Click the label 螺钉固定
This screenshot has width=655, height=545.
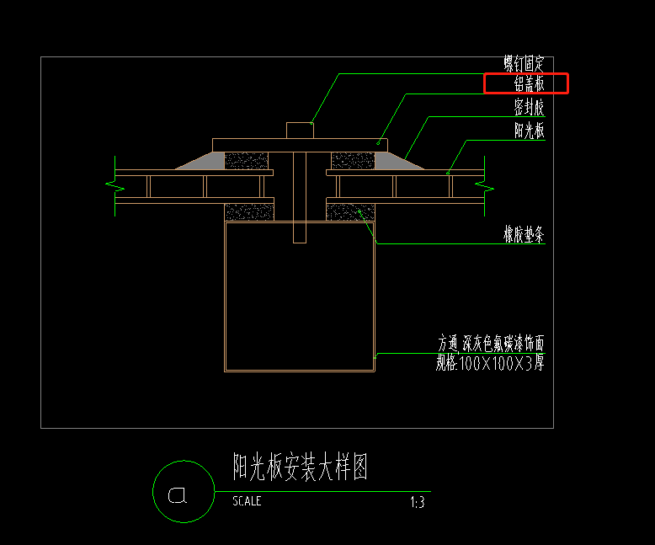(525, 63)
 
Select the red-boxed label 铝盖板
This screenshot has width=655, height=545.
(529, 83)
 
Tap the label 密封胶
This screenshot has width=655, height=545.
(529, 107)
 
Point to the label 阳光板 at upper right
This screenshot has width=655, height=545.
(529, 131)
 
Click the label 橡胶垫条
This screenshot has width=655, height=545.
(525, 237)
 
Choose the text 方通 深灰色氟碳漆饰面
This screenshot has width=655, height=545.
(491, 343)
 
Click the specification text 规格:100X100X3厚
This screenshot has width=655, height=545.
(489, 363)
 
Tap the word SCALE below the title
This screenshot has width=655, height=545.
(247, 501)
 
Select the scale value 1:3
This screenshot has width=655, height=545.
(417, 502)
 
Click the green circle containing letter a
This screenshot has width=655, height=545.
(184, 492)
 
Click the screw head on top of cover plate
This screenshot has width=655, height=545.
(299, 130)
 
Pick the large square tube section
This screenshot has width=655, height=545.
(299, 296)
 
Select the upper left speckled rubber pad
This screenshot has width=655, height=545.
(246, 161)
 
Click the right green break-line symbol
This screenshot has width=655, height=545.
(485, 186)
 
